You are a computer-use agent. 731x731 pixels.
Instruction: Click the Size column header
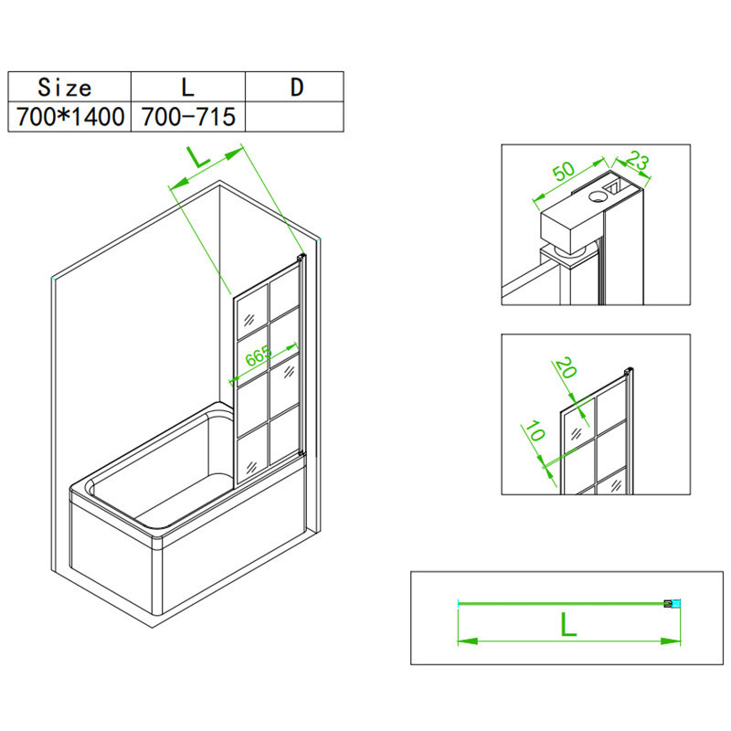tap(65, 87)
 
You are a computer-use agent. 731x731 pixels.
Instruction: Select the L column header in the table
tap(188, 87)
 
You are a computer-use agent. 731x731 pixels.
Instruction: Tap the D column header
tap(297, 87)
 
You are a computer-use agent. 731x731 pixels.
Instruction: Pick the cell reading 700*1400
tap(70, 117)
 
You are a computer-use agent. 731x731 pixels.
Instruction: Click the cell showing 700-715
tap(188, 117)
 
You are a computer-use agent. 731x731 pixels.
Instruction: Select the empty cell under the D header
tap(294, 117)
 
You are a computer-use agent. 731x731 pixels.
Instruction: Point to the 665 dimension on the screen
tap(259, 356)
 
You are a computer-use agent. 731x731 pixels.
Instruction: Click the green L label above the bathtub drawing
tap(199, 157)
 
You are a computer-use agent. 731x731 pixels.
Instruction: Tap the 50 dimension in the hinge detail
tap(564, 171)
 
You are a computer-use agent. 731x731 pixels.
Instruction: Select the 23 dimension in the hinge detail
tap(637, 161)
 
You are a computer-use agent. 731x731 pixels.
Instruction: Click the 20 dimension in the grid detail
tap(566, 367)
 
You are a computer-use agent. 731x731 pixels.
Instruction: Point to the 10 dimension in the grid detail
tap(535, 430)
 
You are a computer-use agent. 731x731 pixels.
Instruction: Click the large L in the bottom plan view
tap(568, 624)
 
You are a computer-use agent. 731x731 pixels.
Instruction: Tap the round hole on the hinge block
tap(597, 196)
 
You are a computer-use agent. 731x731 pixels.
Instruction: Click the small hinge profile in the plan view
tap(673, 604)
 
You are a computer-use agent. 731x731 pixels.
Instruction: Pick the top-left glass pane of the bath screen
tap(252, 313)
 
